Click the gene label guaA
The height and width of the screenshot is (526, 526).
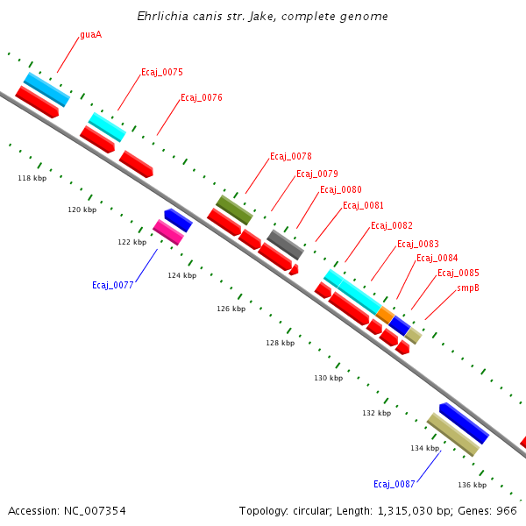coord(90,34)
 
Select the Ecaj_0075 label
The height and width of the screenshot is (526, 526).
coord(161,72)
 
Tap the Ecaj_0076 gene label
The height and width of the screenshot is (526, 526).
coord(201,97)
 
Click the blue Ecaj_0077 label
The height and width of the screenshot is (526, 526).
coord(112,285)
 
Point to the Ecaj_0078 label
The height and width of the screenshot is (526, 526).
coord(290,156)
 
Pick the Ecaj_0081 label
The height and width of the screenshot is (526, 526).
coord(363,205)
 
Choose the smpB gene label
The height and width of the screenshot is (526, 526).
coord(467,288)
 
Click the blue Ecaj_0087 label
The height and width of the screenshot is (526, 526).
coord(394,484)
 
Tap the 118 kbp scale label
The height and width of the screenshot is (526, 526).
coord(32,178)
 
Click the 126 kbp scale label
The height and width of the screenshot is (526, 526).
coord(231,309)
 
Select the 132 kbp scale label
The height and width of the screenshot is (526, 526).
coord(376,412)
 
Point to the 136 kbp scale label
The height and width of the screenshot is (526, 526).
coord(472,485)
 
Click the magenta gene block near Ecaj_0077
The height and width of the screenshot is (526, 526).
coord(167,232)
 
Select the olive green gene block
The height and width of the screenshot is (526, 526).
coord(234,210)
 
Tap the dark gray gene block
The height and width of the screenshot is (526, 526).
coord(285,245)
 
